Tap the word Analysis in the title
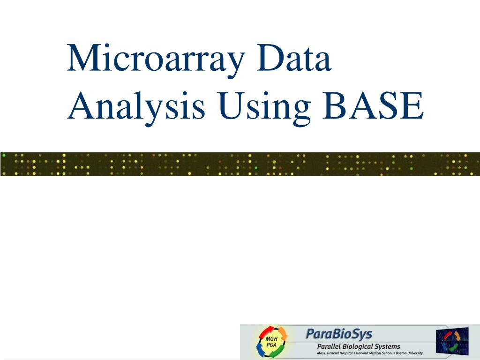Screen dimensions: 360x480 tap(136, 106)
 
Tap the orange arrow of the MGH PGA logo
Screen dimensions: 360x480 tap(281, 333)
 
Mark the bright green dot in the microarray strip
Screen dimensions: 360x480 tap(256, 167)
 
